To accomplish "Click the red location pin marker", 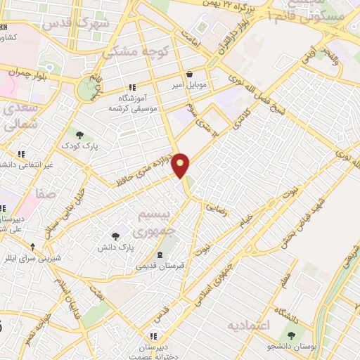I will (181, 165).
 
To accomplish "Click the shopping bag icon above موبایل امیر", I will (190, 75).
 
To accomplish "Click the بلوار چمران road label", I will (27, 71).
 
